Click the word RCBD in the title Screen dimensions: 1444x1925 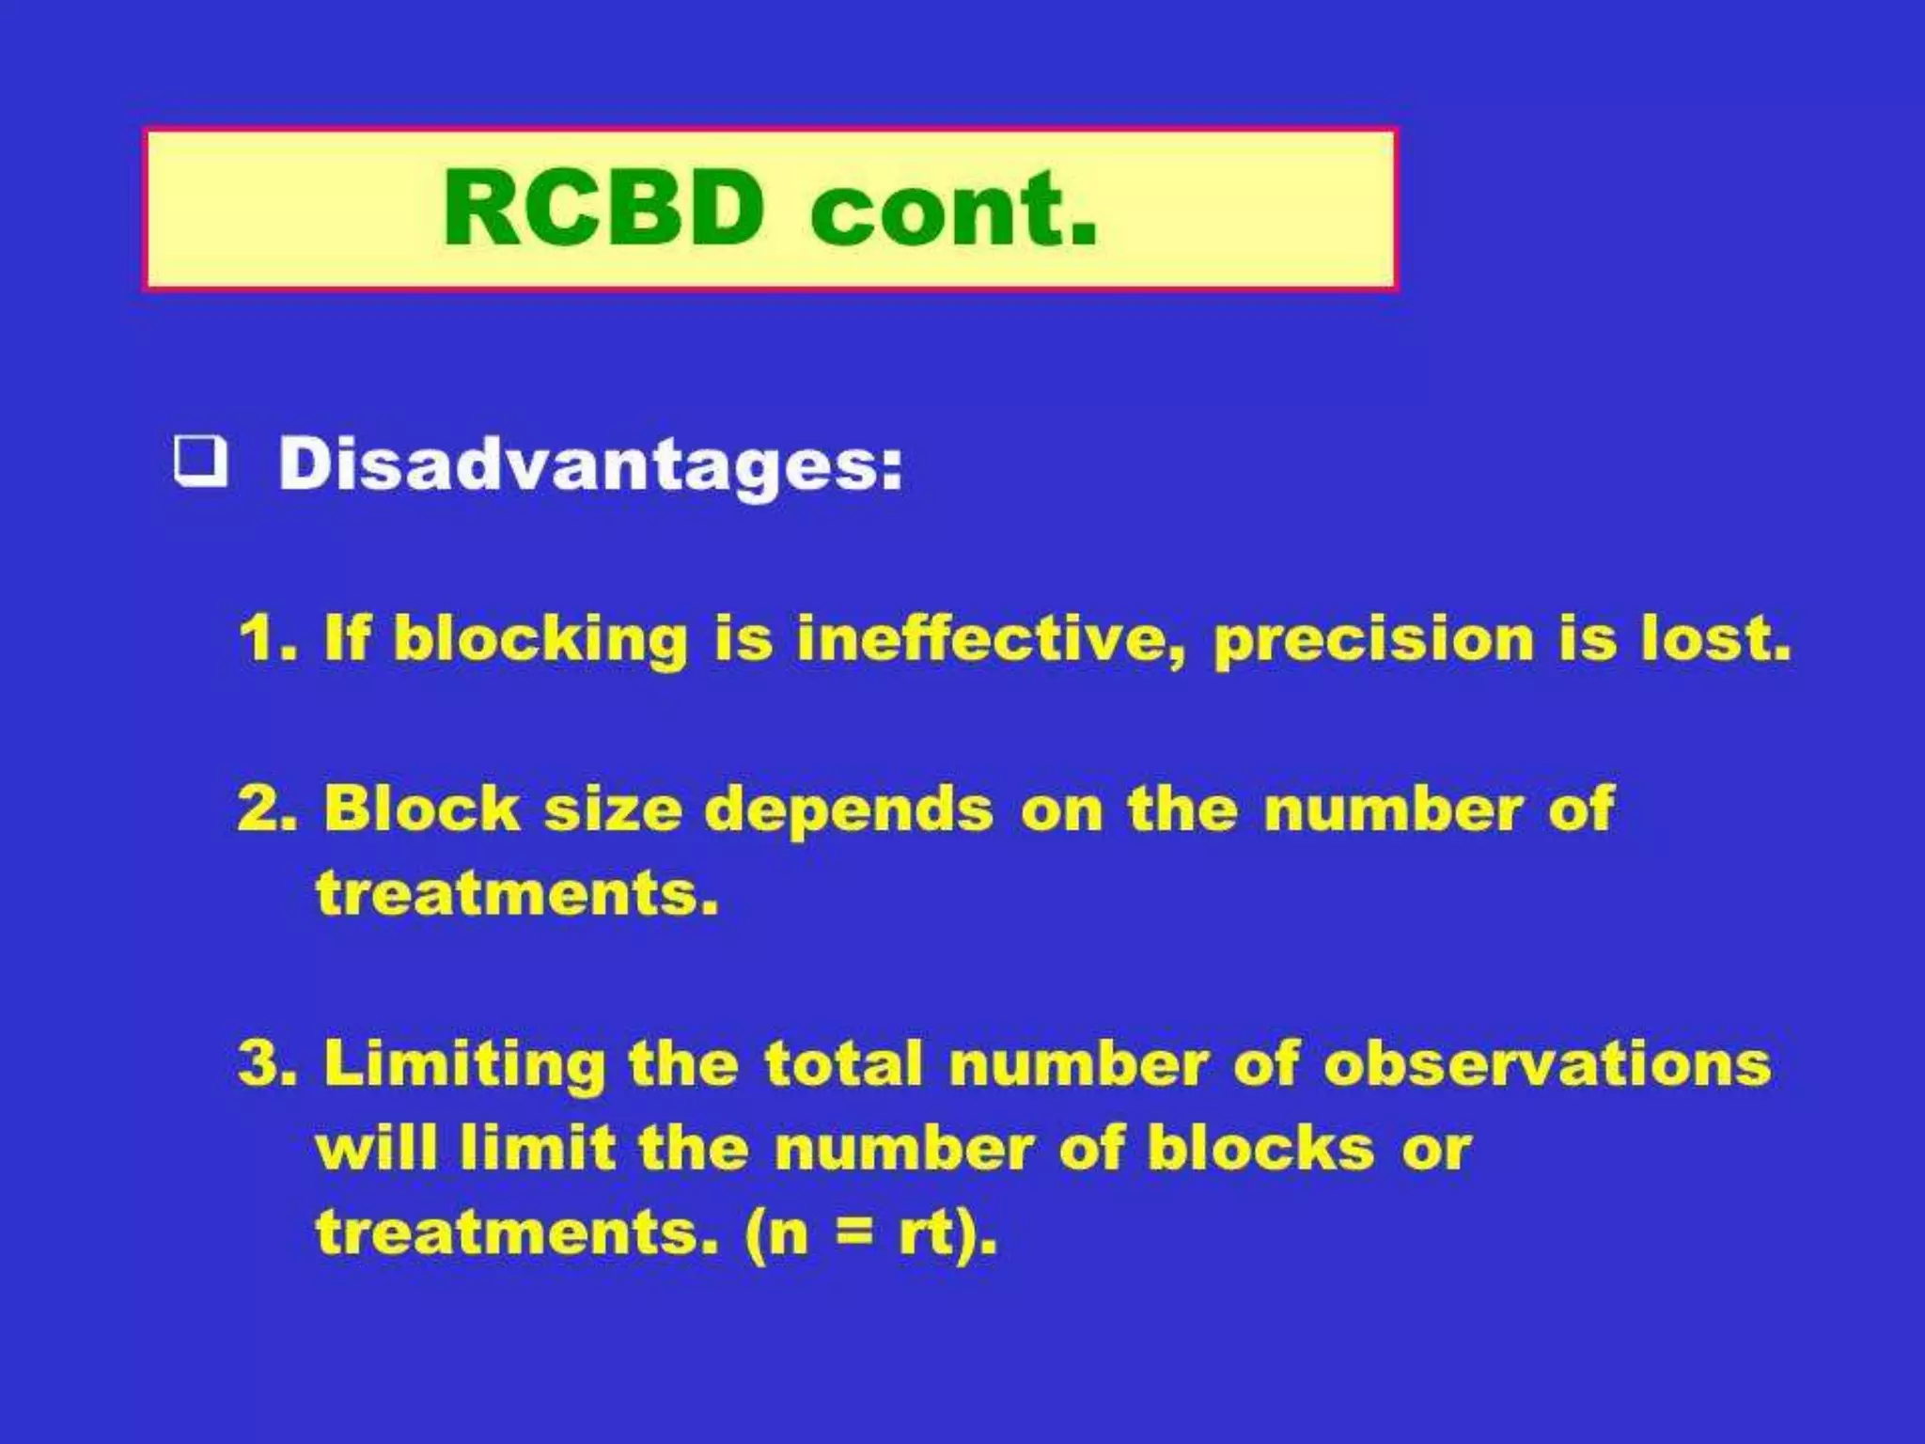pos(603,208)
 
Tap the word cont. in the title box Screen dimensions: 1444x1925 pos(953,211)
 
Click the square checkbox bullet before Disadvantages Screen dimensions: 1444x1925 pos(201,461)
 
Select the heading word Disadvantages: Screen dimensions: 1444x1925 pos(590,465)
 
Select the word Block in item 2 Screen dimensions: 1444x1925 pos(422,810)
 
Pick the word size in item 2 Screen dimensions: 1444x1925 pos(613,810)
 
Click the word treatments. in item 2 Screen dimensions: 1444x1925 pos(517,894)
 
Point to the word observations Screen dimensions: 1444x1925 pos(1547,1065)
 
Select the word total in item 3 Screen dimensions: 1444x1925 pos(843,1065)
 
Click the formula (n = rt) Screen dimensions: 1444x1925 pos(870,1232)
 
